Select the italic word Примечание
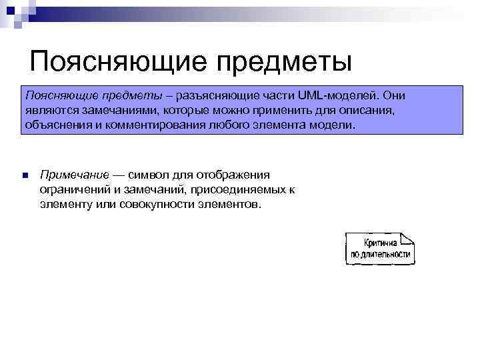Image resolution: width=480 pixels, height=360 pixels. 74,175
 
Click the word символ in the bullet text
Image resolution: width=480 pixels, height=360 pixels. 152,175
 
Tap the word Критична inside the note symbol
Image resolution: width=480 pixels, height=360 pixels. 381,242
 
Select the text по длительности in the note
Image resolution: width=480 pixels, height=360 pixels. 380,254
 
